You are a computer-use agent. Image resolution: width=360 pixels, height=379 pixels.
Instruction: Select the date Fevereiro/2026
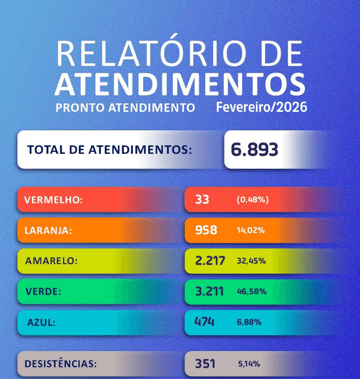(262, 107)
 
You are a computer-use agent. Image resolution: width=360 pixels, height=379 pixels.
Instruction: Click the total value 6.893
(255, 149)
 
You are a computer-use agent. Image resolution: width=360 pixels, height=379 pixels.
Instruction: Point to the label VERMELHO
(53, 200)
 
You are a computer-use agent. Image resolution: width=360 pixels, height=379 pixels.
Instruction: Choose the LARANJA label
(48, 230)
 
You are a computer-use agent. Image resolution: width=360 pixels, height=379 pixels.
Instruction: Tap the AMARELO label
(52, 261)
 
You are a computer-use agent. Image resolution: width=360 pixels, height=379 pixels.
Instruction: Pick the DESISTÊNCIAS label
(60, 364)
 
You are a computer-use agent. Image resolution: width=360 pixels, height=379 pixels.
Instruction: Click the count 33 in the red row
(202, 200)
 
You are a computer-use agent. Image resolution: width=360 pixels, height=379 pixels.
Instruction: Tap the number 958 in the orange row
(206, 230)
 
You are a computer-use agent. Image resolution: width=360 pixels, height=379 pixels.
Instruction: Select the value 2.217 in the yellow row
(210, 261)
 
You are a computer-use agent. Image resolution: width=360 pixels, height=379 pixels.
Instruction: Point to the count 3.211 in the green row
(209, 291)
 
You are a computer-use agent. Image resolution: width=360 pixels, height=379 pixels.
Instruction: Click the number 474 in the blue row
(205, 322)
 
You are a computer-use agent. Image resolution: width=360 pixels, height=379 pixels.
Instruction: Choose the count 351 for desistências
(205, 364)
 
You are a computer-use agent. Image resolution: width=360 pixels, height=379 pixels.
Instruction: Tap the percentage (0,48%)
(253, 200)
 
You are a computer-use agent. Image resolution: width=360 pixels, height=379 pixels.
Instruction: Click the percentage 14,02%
(251, 231)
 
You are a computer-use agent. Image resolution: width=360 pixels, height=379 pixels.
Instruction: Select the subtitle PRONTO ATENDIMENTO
(125, 108)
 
